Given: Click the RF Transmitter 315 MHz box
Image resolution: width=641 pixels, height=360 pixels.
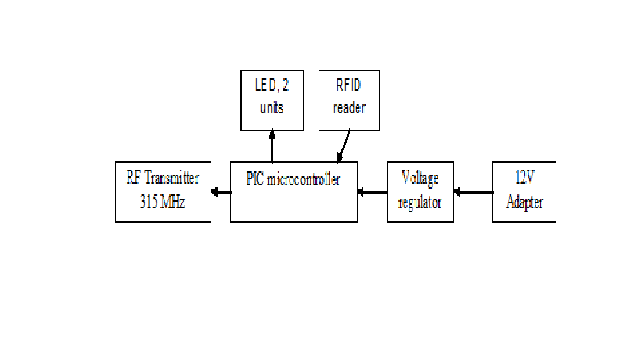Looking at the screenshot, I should [163, 192].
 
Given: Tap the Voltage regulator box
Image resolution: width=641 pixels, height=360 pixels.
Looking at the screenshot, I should [420, 192].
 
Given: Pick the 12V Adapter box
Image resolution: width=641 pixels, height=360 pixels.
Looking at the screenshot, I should [523, 192].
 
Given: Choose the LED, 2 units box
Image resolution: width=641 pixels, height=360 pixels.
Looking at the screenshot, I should [271, 99].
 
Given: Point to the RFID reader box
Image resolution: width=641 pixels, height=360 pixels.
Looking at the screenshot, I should [349, 99].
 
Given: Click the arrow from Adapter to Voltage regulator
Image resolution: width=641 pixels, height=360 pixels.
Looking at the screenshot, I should [473, 190].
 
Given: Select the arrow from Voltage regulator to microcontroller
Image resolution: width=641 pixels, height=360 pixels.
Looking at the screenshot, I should [372, 190].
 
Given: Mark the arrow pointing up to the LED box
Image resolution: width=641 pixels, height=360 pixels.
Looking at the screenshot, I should [272, 146].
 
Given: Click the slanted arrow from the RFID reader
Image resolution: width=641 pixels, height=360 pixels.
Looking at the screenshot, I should [343, 146].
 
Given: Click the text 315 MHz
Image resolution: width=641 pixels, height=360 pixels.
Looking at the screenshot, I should [162, 201].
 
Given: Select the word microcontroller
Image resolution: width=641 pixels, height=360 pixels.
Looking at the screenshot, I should [304, 180].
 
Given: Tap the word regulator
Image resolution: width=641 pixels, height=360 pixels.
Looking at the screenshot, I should [420, 202].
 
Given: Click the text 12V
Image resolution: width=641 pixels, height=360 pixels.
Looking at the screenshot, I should [524, 179].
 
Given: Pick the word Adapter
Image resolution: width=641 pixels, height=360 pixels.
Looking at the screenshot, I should [524, 202].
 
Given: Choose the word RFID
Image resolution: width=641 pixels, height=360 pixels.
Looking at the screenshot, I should [349, 88].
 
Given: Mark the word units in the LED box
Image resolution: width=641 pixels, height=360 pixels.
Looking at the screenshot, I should [271, 107].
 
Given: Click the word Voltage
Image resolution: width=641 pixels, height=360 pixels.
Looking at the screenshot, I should [420, 179].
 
